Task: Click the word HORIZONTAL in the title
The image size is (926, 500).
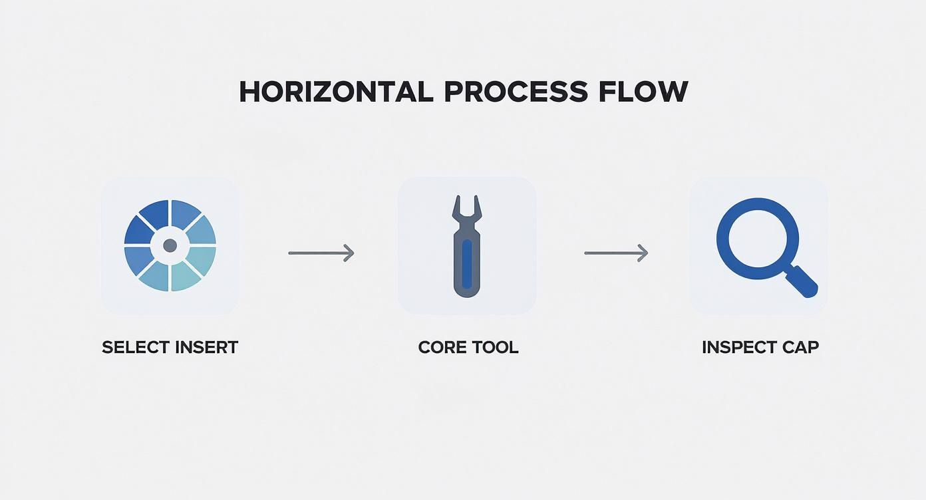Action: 336,92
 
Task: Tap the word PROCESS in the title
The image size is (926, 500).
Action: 516,92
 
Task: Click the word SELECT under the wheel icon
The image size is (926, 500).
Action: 136,347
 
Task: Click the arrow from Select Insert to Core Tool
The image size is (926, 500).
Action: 321,253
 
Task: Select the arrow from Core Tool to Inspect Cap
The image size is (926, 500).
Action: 616,253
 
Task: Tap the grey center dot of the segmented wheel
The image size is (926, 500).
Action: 170,245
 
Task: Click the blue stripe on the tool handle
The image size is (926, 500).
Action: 467,264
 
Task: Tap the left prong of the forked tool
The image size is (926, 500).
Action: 457,207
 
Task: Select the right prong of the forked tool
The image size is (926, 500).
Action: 477,207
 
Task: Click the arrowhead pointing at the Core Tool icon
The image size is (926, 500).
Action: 349,253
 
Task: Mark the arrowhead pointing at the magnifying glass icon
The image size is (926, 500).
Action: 643,253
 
